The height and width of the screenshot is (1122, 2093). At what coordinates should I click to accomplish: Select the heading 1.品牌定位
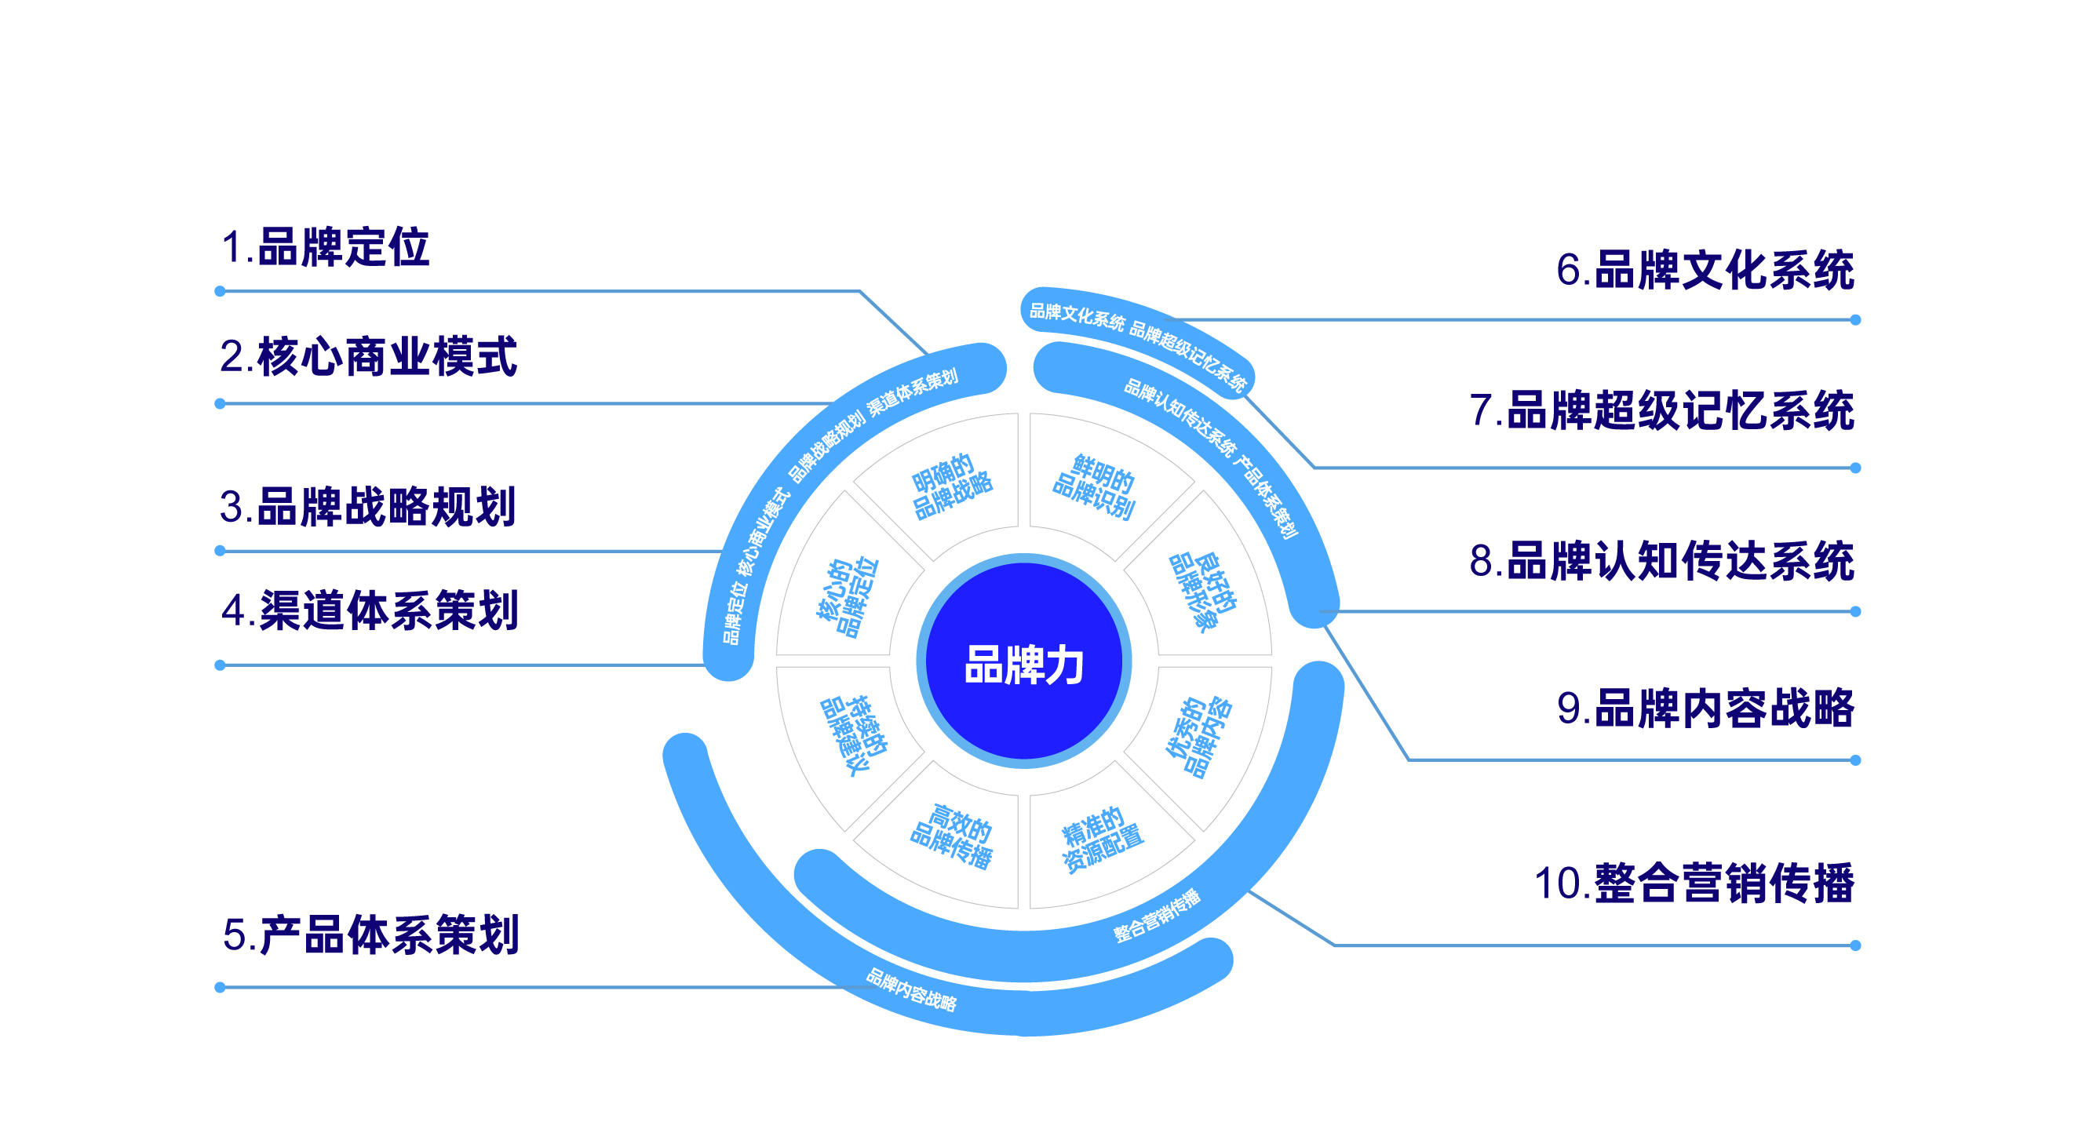[x=325, y=247]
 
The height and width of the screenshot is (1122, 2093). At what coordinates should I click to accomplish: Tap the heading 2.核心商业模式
[x=368, y=357]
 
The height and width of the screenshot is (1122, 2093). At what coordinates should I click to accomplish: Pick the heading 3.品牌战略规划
[x=368, y=506]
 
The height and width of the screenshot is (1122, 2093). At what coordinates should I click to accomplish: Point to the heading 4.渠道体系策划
[x=370, y=610]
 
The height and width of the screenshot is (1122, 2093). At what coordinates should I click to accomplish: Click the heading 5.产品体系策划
[x=370, y=934]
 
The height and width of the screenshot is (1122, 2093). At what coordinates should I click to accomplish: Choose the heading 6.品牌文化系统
[x=1705, y=270]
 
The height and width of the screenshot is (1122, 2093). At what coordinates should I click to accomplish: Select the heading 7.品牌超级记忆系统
[x=1661, y=410]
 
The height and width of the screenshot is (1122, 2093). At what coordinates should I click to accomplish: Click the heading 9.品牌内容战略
[x=1705, y=708]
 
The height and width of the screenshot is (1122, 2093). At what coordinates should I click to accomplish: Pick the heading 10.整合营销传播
[x=1694, y=883]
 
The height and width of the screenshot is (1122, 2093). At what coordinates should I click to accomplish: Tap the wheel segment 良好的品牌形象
[x=1203, y=592]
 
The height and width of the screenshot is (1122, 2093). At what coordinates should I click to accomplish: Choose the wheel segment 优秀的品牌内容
[x=1199, y=737]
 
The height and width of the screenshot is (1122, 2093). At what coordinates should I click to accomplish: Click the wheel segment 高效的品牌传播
[x=951, y=837]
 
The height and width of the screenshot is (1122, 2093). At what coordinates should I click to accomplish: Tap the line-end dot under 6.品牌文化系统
[x=1855, y=320]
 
